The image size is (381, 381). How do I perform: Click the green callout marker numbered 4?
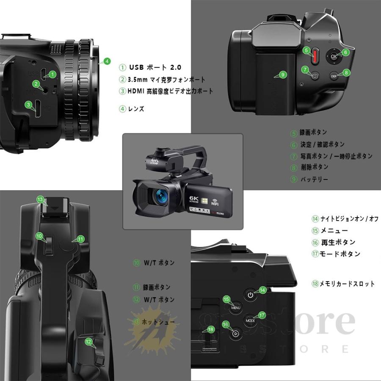tap(107, 61)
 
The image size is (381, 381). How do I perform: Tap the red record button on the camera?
tap(315, 56)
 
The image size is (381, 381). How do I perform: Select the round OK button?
tap(334, 56)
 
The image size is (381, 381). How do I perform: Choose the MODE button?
tap(250, 321)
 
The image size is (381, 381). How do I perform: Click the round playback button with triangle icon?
tap(235, 333)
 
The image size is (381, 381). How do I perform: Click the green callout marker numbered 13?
tap(40, 199)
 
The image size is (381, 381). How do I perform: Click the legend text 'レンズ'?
tap(136, 109)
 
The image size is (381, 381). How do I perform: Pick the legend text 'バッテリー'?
tap(314, 179)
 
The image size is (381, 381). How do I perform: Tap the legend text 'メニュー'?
tap(334, 231)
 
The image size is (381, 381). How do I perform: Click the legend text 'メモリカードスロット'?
tap(347, 284)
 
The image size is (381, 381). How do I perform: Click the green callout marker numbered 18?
tap(210, 329)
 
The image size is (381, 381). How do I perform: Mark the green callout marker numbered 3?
tap(28, 104)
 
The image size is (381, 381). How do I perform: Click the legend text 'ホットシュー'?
tap(158, 322)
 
